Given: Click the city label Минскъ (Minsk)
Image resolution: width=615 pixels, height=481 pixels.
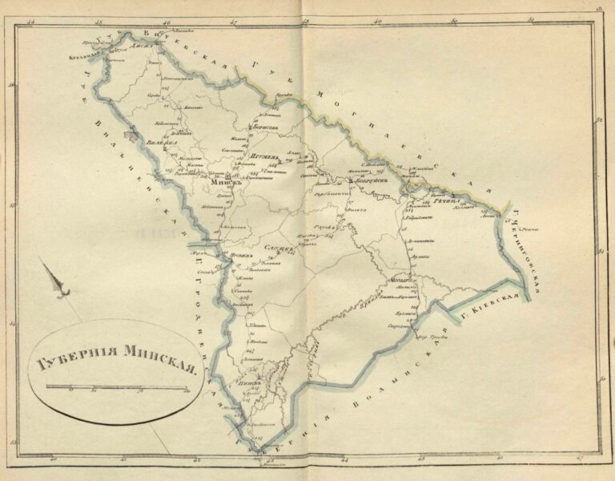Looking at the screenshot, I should click(x=218, y=182).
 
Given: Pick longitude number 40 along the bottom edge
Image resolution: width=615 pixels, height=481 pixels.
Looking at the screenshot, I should click(x=54, y=460).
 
